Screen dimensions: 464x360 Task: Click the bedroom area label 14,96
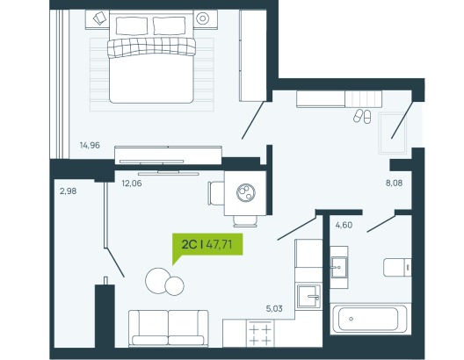90,145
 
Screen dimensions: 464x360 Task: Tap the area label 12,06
132,184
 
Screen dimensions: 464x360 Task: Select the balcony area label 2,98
68,191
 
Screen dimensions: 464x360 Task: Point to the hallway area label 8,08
394,183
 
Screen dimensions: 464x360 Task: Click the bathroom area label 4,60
344,226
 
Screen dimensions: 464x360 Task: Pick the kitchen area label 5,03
274,309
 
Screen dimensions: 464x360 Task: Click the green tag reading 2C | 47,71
207,244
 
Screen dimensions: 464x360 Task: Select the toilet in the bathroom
397,268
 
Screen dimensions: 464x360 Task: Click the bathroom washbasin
339,267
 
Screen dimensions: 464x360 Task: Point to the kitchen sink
308,297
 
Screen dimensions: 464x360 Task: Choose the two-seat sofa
169,328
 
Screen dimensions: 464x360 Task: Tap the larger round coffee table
157,281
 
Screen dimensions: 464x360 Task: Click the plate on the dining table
246,193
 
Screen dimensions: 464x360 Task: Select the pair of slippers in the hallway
362,116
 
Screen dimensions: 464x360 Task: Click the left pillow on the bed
132,26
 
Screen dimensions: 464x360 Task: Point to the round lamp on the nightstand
203,18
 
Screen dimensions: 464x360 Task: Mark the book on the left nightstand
99,18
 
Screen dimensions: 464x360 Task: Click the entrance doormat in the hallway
393,133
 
